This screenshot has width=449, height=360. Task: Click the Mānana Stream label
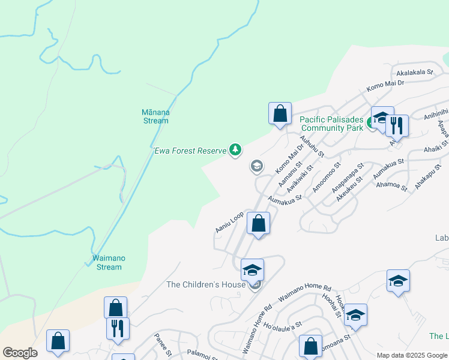pyautogui.click(x=155, y=116)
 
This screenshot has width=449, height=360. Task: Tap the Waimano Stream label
pyautogui.click(x=109, y=262)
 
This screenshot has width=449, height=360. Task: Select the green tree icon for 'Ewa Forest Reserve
pyautogui.click(x=236, y=150)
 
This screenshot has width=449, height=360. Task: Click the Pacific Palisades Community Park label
pyautogui.click(x=332, y=124)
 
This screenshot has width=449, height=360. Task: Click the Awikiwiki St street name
pyautogui.click(x=300, y=178)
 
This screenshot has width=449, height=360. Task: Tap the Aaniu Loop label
pyautogui.click(x=229, y=221)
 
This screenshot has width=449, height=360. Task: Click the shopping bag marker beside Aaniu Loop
pyautogui.click(x=258, y=224)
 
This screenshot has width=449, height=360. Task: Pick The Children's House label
pyautogui.click(x=206, y=284)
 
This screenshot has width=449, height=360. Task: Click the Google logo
pyautogui.click(x=19, y=353)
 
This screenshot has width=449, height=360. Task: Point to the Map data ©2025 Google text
pyautogui.click(x=412, y=355)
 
